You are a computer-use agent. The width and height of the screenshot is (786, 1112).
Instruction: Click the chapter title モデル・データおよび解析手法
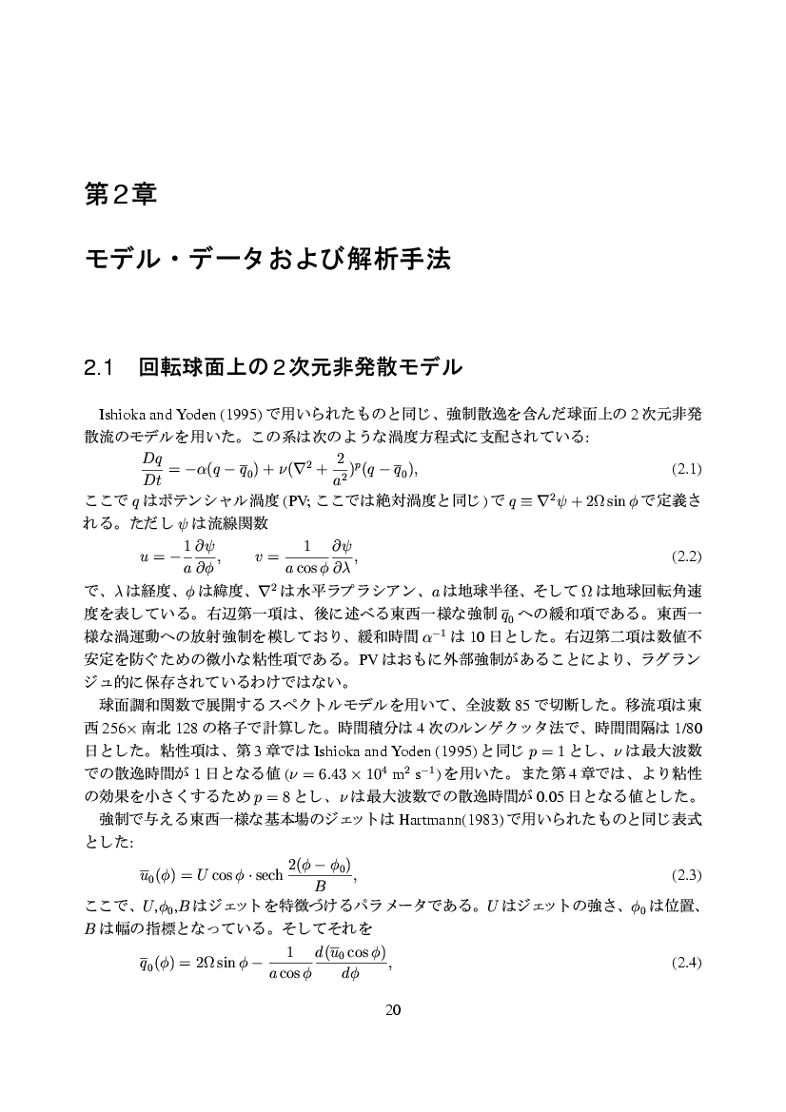pos(266,259)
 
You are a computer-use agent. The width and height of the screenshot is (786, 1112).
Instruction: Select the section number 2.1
pos(99,366)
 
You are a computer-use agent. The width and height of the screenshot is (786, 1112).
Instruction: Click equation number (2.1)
pos(686,469)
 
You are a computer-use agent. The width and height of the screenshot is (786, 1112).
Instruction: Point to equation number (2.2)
pos(686,555)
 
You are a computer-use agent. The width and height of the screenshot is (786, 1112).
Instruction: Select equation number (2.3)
pos(686,874)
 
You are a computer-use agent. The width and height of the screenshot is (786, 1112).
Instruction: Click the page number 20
pos(392,1010)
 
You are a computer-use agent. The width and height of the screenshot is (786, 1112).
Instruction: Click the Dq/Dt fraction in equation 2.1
pos(152,469)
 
